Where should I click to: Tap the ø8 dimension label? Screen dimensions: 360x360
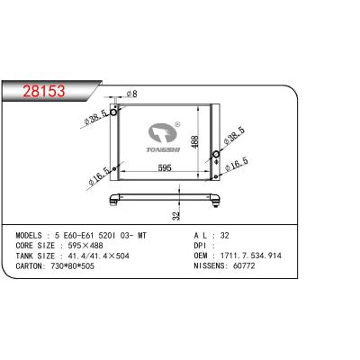click(x=130, y=94)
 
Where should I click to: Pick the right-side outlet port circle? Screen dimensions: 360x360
click(x=218, y=158)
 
